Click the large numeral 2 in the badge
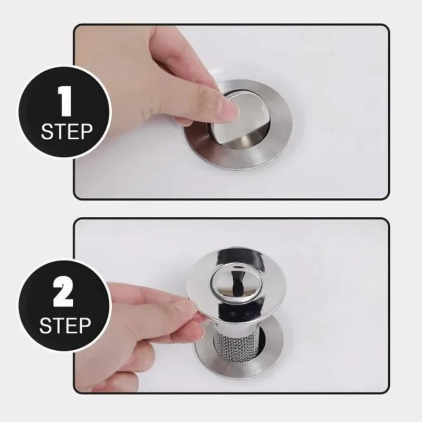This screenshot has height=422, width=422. pos(64,294)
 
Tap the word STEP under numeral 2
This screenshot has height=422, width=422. pos(64,326)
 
